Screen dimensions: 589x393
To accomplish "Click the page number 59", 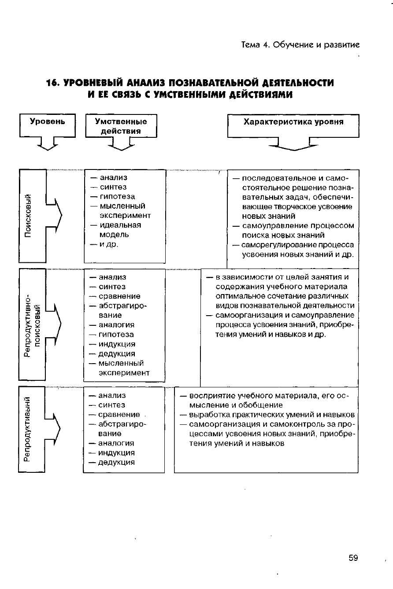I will [x=353, y=558].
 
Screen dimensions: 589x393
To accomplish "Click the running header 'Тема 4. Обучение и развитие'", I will [x=300, y=45].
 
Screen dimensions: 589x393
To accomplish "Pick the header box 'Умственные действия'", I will [x=121, y=126].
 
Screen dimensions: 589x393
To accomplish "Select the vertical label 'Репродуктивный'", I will [x=28, y=429].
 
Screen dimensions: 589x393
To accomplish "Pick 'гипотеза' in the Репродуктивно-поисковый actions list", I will [x=116, y=335].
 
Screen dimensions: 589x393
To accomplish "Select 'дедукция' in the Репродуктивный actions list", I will [x=116, y=462].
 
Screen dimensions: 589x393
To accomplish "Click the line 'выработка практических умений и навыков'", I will [x=272, y=415].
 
